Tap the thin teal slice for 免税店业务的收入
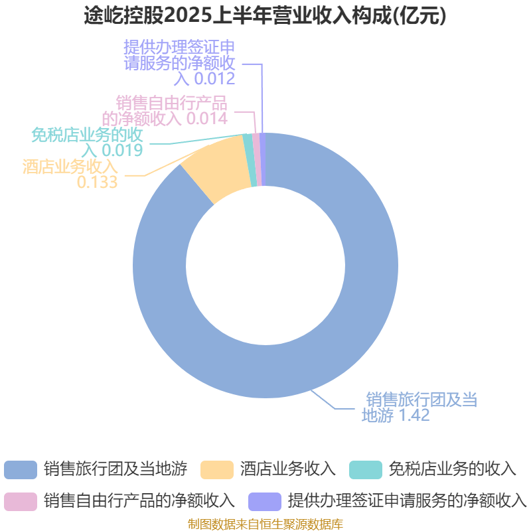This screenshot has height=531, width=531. coord(250,160)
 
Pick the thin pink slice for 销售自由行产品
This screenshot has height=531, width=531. coord(257,159)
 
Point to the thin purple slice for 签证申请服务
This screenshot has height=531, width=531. coord(262,159)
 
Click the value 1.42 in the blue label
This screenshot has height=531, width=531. coord(414,416)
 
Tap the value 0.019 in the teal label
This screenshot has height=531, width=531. coord(123,150)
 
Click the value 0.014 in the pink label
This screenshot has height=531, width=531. coord(207,119)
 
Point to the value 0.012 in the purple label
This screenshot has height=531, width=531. coord(214,79)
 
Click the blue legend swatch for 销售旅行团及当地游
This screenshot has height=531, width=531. coord(20,469)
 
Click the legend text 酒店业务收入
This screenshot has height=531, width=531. coord(288,469)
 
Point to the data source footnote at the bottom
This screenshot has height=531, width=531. coord(265,524)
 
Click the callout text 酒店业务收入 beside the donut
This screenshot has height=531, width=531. coord(70,167)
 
